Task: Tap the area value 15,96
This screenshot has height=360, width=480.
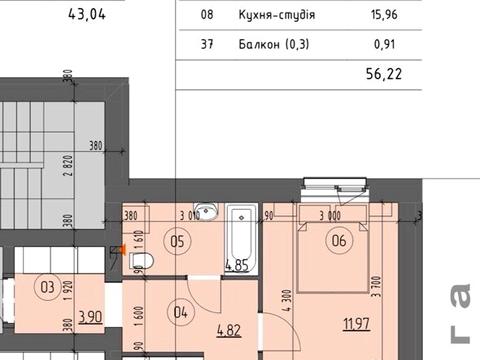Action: (386, 16)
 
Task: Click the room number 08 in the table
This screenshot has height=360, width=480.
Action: (207, 16)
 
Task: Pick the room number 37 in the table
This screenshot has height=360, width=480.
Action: (207, 44)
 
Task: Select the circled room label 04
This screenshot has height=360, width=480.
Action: (180, 310)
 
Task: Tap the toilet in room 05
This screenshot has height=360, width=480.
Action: (141, 263)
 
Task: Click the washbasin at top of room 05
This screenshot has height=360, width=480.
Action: (204, 212)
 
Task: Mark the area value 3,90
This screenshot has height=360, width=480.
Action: (89, 316)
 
